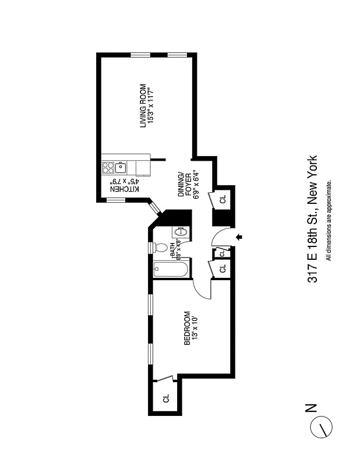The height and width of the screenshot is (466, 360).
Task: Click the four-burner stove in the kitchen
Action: click(108, 168)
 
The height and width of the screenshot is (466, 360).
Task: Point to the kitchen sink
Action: click(121, 168)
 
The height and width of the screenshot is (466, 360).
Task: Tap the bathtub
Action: click(171, 270)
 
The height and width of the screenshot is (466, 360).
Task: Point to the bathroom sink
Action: click(180, 232)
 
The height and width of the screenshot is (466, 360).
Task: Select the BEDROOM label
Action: click(187, 329)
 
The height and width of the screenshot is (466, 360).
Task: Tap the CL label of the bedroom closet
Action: click(166, 398)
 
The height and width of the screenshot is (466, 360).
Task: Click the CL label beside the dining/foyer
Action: click(223, 200)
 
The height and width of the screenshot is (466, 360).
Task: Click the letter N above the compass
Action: click(312, 407)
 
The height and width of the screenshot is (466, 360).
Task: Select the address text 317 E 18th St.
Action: click(313, 244)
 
